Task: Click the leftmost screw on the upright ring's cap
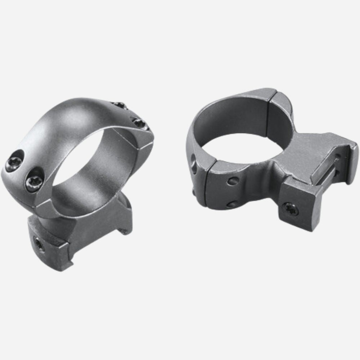[15, 164]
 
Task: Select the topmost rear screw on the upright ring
[119, 105]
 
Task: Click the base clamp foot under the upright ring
[50, 248]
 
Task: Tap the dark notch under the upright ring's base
[124, 230]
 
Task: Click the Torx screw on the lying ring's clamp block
[290, 209]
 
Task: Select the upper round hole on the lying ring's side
[232, 181]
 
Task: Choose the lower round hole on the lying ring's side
[230, 204]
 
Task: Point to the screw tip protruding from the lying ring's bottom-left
[193, 193]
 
